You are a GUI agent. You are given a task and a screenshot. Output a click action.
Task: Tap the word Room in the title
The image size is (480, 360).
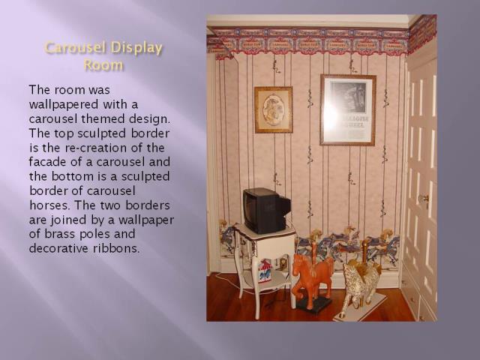point(103,65)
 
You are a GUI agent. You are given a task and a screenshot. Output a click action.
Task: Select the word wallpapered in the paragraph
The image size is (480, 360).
point(64,105)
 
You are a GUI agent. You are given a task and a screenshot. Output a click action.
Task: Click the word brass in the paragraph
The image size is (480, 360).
point(60,234)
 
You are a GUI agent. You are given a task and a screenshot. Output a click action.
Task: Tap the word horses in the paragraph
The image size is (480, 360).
point(49,205)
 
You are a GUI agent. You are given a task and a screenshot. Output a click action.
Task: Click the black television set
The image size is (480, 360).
point(266,211)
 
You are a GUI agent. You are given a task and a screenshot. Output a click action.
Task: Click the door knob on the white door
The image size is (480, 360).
point(423,199)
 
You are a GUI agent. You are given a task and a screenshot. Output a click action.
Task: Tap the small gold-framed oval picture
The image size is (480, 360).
point(273,110)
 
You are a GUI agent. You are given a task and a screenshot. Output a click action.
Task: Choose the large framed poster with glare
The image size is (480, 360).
point(348,109)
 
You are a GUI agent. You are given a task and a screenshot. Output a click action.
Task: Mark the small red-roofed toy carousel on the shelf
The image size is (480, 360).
point(265,270)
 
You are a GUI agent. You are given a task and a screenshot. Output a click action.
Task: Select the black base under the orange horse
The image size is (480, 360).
point(314,304)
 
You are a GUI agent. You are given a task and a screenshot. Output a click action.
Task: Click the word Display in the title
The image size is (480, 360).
point(136,48)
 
